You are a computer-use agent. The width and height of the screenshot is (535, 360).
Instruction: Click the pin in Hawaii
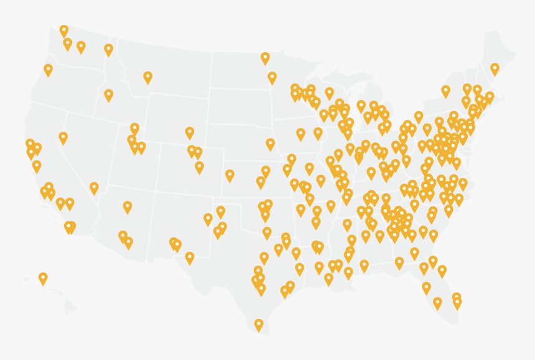coord(43,278)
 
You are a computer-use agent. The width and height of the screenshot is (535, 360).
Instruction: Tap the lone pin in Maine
coord(495,68)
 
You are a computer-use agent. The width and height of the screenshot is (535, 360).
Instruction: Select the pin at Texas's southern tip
coord(259,324)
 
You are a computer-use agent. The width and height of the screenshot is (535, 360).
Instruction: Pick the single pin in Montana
coord(147,76)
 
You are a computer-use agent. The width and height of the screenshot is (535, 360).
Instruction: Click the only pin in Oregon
coord(48,70)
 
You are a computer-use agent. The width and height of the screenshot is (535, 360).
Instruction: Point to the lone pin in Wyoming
coord(190,132)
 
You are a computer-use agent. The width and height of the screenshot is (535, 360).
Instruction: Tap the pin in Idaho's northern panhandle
coord(108,50)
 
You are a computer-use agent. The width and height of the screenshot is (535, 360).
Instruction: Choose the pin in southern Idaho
coord(108,95)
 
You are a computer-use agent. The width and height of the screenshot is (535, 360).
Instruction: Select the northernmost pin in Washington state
coord(63,30)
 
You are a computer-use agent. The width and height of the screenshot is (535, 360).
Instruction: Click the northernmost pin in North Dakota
coord(265,58)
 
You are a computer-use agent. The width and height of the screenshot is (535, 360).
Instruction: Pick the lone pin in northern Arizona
coord(128,206)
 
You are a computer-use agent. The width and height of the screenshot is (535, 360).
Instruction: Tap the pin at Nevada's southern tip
coord(94,187)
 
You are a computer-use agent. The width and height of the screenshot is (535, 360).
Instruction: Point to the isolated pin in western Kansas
coord(230,175)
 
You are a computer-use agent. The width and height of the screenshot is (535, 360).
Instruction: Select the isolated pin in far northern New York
coord(445,91)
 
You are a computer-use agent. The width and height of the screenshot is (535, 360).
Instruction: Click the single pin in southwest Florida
coord(437,303)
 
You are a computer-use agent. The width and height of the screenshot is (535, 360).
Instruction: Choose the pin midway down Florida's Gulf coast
coord(426,288)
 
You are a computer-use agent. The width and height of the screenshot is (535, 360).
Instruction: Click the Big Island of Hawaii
coord(69,306)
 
